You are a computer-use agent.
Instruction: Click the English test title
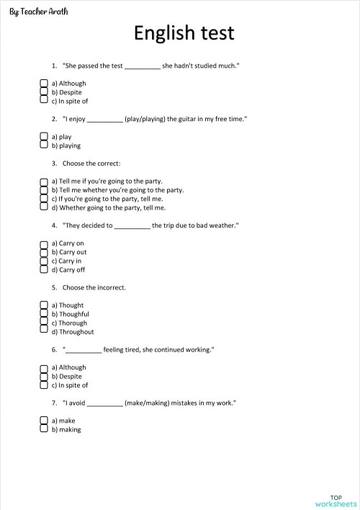(x=184, y=34)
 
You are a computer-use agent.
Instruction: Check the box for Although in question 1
(x=44, y=84)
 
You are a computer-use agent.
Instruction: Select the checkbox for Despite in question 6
(x=44, y=376)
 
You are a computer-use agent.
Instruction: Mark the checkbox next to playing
(x=44, y=146)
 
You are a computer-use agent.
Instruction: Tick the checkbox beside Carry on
(x=44, y=243)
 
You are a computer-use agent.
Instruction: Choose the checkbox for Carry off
(x=44, y=270)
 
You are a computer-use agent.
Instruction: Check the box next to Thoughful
(x=44, y=314)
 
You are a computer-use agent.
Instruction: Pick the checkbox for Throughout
(x=44, y=331)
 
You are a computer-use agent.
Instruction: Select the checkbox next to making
(x=44, y=429)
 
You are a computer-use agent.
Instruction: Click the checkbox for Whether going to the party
(x=44, y=207)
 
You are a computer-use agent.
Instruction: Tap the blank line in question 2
(x=105, y=120)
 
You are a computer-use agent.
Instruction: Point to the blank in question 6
(x=84, y=351)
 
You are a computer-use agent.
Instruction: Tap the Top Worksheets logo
(x=336, y=500)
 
